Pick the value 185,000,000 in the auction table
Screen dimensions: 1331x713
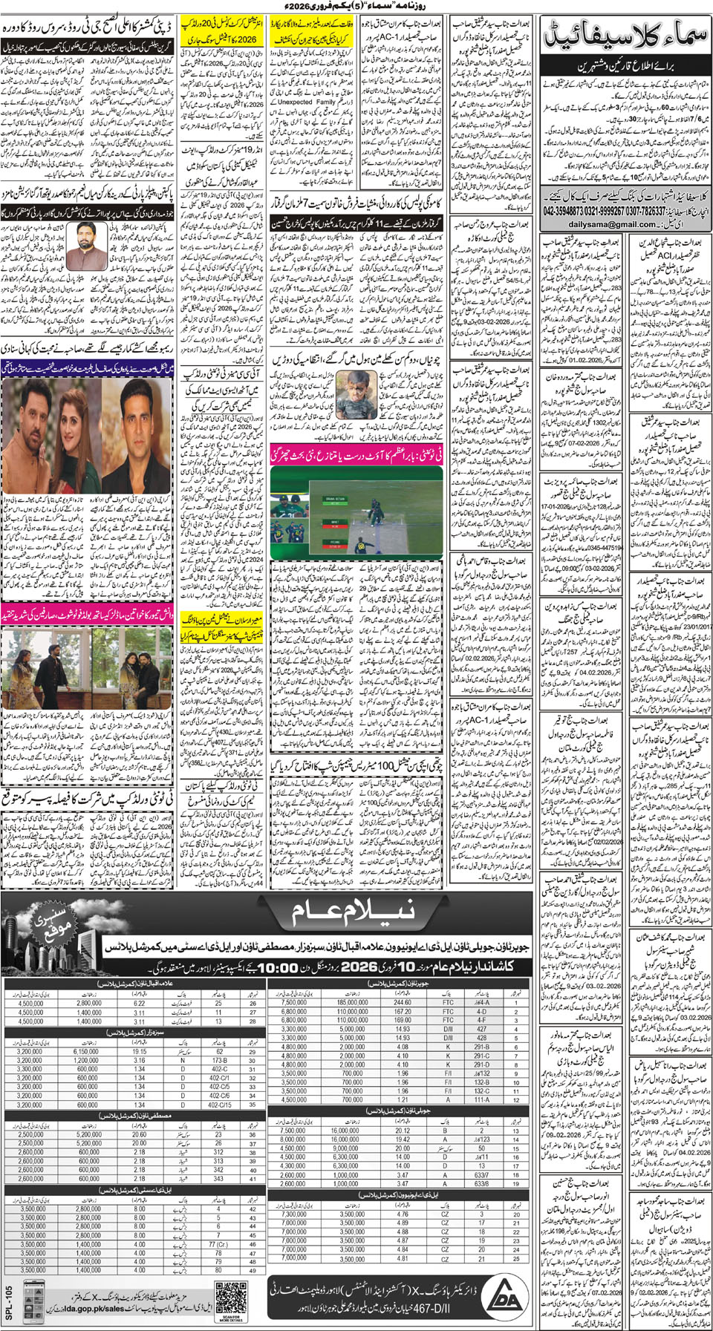352,1002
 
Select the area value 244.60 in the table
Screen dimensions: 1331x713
403,1002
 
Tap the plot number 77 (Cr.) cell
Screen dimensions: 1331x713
218,1243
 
